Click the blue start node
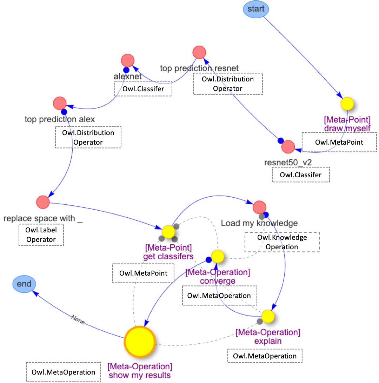click(256, 9)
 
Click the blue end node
click(24, 284)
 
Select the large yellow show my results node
click(140, 342)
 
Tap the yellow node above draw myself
click(347, 104)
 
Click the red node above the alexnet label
click(127, 60)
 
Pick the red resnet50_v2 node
click(288, 147)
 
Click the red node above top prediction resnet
click(199, 52)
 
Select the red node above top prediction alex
click(60, 103)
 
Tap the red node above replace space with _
click(43, 202)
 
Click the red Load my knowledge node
click(259, 207)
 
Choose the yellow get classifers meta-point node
click(168, 232)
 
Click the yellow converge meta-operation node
click(218, 256)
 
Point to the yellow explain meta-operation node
click(268, 316)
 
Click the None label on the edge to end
click(78, 319)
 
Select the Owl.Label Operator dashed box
click(41, 235)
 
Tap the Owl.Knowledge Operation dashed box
click(282, 242)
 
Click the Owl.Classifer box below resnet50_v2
click(301, 174)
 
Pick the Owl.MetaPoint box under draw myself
click(339, 142)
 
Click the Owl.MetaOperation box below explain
click(265, 356)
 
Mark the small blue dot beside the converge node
click(208, 260)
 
